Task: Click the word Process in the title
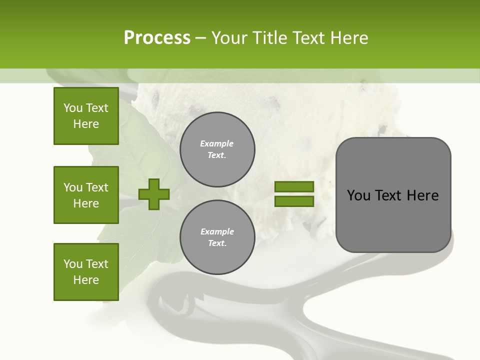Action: pyautogui.click(x=157, y=38)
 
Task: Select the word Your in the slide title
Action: pyautogui.click(x=230, y=38)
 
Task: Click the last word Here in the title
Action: pyautogui.click(x=349, y=38)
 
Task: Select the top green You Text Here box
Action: pyautogui.click(x=86, y=116)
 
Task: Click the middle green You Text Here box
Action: pyautogui.click(x=86, y=195)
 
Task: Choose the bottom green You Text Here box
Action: pyautogui.click(x=86, y=271)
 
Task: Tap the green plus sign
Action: pyautogui.click(x=154, y=194)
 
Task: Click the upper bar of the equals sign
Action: pyautogui.click(x=294, y=186)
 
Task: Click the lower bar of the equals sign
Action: pyautogui.click(x=294, y=201)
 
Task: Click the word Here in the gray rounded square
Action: pyautogui.click(x=422, y=195)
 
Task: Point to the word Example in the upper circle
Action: pyautogui.click(x=217, y=143)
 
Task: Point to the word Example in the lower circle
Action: pyautogui.click(x=217, y=231)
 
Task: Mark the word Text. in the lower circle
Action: pyautogui.click(x=217, y=243)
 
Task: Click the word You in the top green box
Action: pyautogui.click(x=73, y=108)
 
